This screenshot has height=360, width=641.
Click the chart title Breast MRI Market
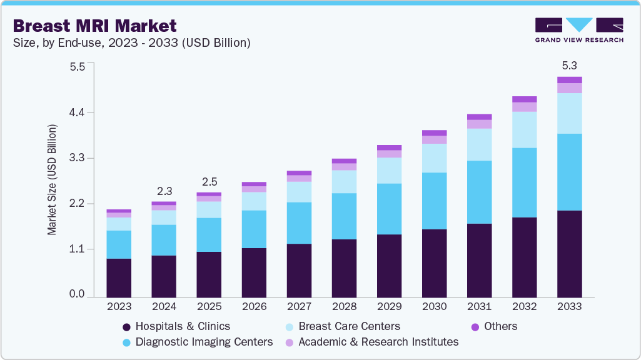pyautogui.click(x=94, y=26)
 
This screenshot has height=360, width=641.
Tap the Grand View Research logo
pyautogui.click(x=578, y=30)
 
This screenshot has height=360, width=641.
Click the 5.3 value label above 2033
pyautogui.click(x=569, y=66)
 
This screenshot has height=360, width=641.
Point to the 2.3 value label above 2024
pyautogui.click(x=164, y=191)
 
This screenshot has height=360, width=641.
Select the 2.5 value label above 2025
pyautogui.click(x=209, y=182)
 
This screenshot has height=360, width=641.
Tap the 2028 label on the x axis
pyautogui.click(x=344, y=307)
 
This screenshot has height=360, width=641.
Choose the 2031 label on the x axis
pyautogui.click(x=479, y=307)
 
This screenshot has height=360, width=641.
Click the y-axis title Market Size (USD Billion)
pyautogui.click(x=53, y=180)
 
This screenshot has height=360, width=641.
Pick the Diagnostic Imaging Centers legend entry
pyautogui.click(x=204, y=342)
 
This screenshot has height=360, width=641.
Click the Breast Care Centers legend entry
pyautogui.click(x=349, y=326)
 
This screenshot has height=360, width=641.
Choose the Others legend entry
pyautogui.click(x=499, y=326)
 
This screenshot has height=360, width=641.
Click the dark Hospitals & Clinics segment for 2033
pyautogui.click(x=569, y=253)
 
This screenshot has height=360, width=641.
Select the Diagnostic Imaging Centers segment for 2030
pyautogui.click(x=434, y=201)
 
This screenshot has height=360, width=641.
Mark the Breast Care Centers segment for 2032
pyautogui.click(x=524, y=129)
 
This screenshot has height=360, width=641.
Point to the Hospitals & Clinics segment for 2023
pyautogui.click(x=119, y=277)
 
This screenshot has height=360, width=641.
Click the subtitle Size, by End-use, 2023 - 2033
pyautogui.click(x=131, y=43)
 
